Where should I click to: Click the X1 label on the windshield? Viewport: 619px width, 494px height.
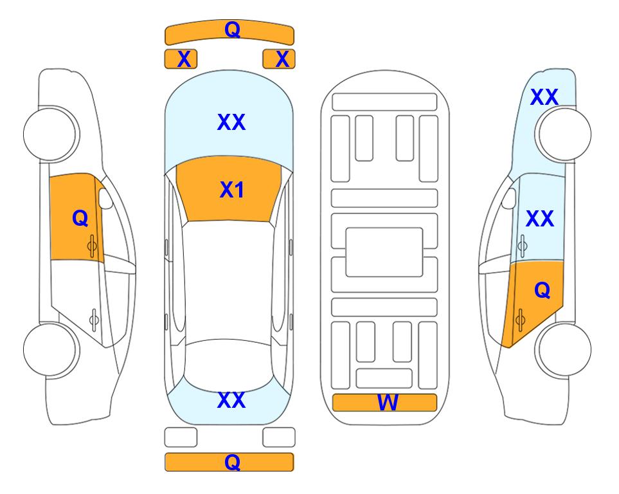click(x=232, y=190)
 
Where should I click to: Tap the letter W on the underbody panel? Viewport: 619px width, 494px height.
click(x=388, y=403)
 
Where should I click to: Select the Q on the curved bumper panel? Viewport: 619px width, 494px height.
click(x=232, y=30)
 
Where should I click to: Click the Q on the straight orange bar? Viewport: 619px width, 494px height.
click(x=232, y=462)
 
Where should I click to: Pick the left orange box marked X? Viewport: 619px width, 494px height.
click(x=181, y=59)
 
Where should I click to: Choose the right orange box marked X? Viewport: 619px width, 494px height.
click(x=279, y=59)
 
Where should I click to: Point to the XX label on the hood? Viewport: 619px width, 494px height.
click(x=231, y=122)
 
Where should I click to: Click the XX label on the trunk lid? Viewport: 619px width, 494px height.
click(x=231, y=400)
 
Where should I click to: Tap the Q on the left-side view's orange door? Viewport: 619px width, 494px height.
click(x=80, y=218)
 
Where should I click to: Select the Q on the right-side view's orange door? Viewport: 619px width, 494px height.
click(x=542, y=291)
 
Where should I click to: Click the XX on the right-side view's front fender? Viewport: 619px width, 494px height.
click(x=544, y=97)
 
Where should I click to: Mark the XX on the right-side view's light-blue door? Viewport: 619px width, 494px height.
click(x=540, y=219)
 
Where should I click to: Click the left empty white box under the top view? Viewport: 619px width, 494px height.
click(x=181, y=437)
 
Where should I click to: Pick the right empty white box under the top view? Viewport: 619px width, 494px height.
click(x=279, y=437)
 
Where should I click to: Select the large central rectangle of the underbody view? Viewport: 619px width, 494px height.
click(x=384, y=252)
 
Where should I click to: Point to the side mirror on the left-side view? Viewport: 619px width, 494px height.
click(x=105, y=198)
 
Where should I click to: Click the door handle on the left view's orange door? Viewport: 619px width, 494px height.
click(x=92, y=246)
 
